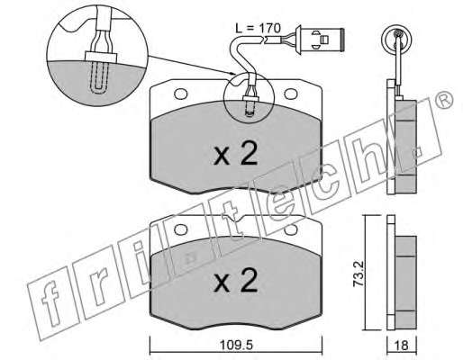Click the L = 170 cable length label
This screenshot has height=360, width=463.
[x=258, y=29]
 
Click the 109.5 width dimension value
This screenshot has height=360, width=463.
[x=236, y=346]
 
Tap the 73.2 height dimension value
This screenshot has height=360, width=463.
[x=359, y=274]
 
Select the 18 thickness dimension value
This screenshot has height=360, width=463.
[x=402, y=346]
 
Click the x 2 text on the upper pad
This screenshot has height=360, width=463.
[x=236, y=154]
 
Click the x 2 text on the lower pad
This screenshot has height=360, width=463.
[x=236, y=280]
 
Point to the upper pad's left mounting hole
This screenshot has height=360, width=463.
[x=180, y=94]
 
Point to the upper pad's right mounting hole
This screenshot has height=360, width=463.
[x=291, y=94]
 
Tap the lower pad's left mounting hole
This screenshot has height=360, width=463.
[x=180, y=229]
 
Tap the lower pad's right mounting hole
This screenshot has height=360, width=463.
[x=291, y=229]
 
